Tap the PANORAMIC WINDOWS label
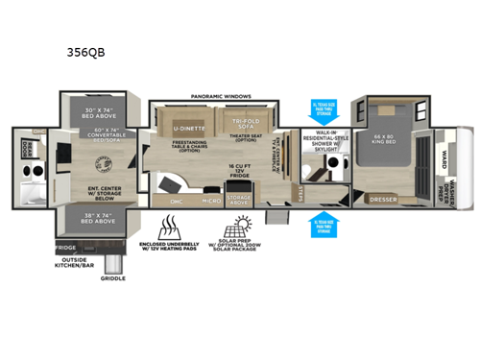(221, 97)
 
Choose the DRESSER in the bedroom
(383, 199)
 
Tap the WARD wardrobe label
(443, 155)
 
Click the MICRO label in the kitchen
(212, 201)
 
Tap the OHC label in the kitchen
(177, 201)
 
